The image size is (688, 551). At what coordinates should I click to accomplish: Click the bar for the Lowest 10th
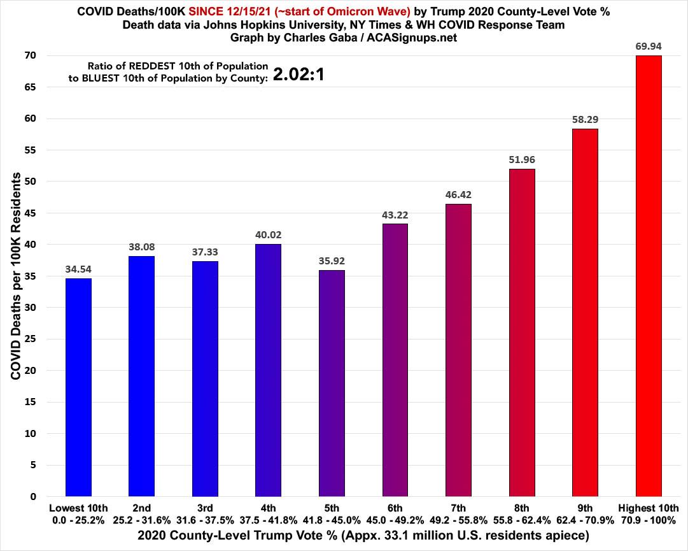[78, 387]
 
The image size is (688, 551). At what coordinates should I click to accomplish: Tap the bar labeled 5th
[332, 383]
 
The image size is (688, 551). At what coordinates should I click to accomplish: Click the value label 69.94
[648, 46]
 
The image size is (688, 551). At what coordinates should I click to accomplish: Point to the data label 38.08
[141, 246]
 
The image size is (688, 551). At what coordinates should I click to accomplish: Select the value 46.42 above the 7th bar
[458, 194]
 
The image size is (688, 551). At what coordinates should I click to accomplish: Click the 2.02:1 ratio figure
[299, 75]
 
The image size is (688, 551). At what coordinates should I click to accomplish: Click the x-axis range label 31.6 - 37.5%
[205, 520]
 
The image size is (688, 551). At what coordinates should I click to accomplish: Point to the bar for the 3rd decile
[205, 378]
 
